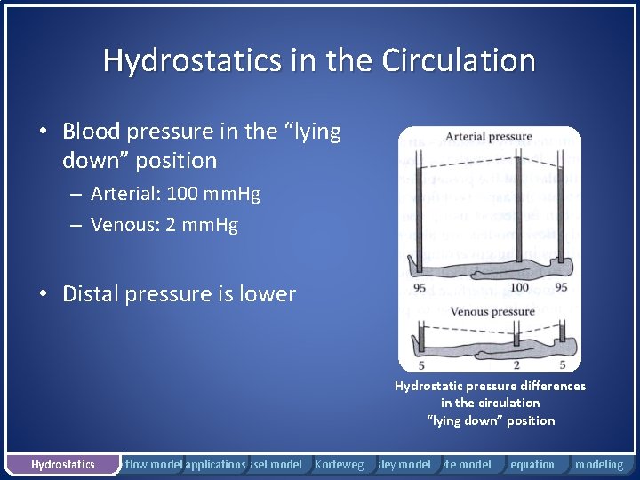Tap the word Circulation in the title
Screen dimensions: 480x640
[459, 60]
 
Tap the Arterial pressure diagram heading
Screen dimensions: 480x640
[488, 137]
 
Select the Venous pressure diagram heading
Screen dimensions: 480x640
[492, 312]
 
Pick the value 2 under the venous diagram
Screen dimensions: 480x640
[515, 364]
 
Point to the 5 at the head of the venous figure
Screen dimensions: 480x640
[562, 364]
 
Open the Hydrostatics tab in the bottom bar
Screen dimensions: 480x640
[62, 464]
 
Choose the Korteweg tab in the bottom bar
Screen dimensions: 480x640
[340, 464]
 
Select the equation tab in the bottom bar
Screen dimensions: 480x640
[532, 464]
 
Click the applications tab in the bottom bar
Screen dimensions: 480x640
[215, 464]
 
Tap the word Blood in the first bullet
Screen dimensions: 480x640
[92, 132]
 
